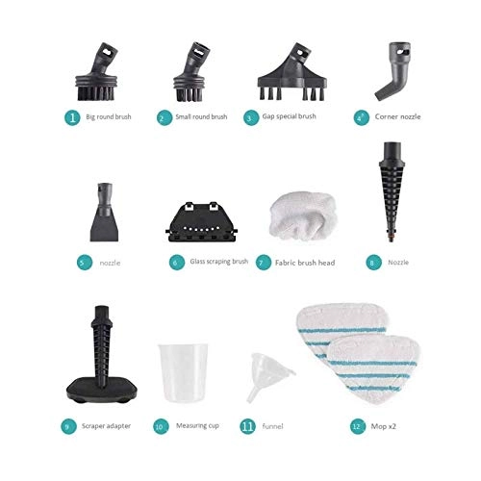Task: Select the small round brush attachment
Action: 190,80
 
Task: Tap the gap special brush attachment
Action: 291,77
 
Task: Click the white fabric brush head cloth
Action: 303,215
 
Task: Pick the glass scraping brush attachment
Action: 201,222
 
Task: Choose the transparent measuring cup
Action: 183,372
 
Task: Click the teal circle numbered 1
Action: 72,117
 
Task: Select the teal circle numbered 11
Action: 248,426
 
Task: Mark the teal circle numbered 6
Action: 177,263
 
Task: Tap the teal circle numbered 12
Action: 358,426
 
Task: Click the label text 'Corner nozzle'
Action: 397,116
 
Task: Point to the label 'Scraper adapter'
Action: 106,426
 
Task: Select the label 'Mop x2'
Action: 384,426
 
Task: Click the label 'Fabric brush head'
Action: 305,263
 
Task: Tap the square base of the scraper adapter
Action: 102,389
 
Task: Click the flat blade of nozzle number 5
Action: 104,228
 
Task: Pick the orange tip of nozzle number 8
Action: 390,239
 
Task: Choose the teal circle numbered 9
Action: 68,426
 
